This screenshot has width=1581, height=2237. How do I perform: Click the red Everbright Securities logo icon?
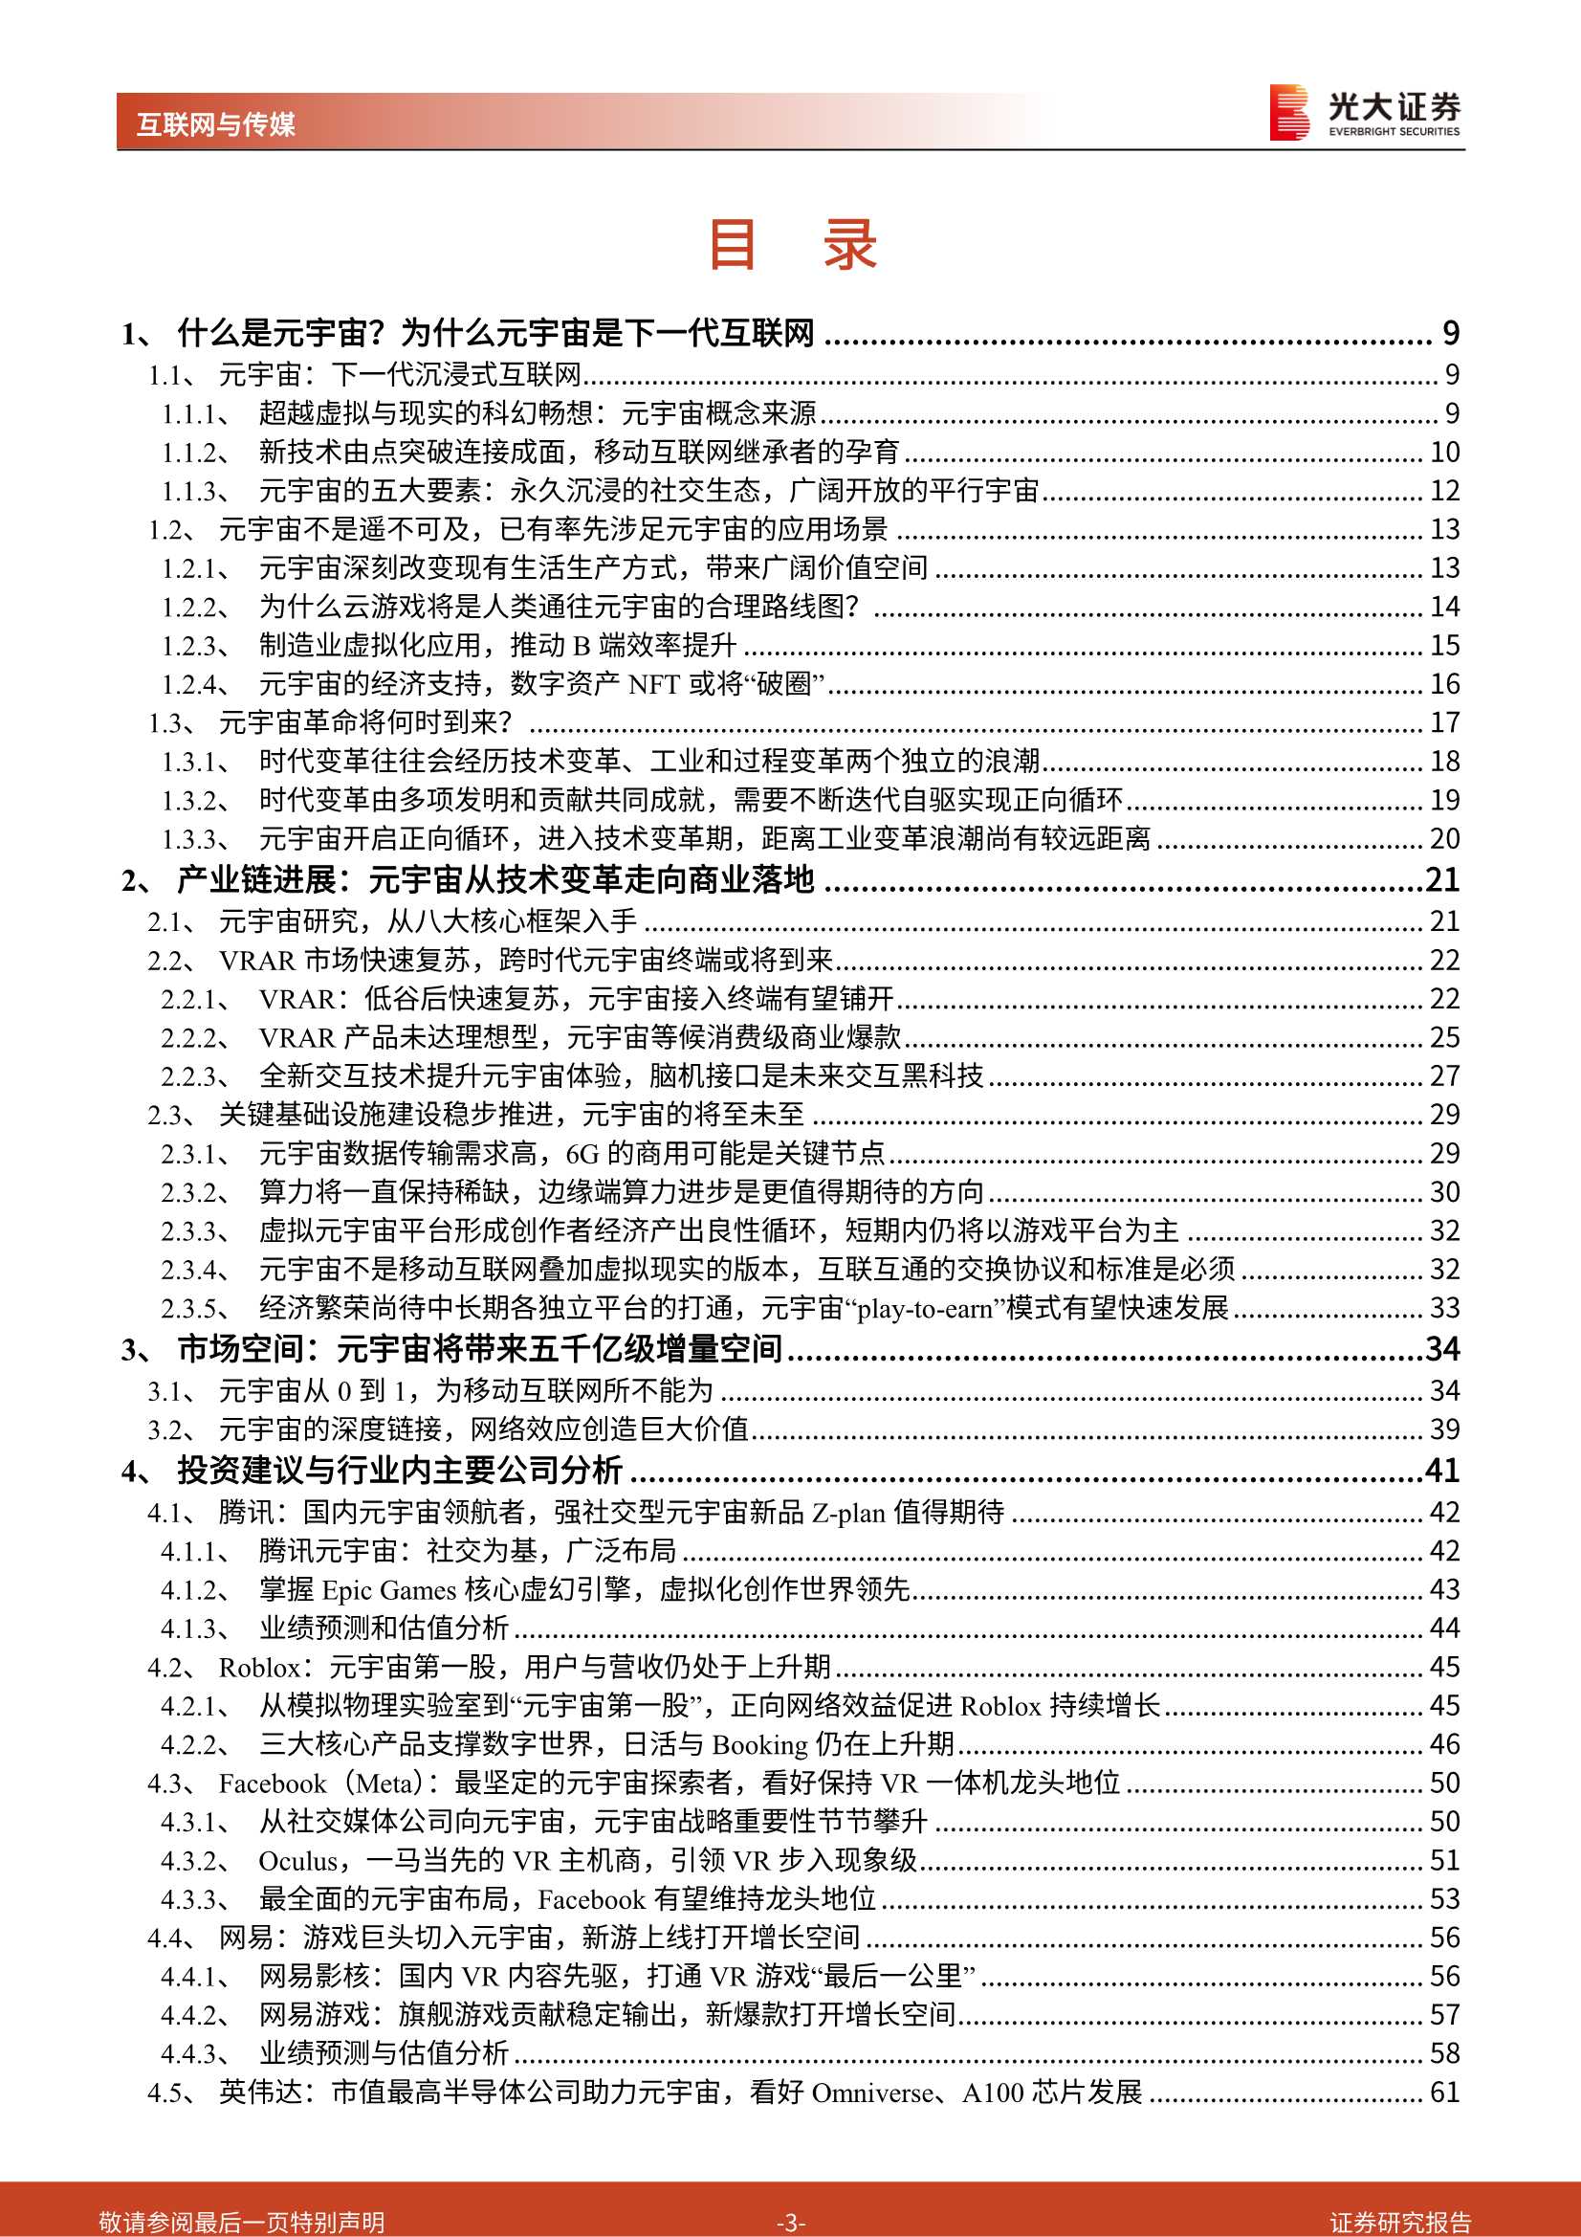point(1288,113)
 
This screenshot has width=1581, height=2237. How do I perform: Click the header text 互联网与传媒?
point(215,124)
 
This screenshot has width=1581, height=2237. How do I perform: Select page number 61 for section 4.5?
point(1443,2092)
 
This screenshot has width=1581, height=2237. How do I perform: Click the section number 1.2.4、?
point(196,685)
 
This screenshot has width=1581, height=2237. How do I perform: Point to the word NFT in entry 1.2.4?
point(654,685)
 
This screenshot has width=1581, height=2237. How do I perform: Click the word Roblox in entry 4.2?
point(259,1668)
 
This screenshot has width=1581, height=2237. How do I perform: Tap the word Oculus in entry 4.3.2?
point(297,1861)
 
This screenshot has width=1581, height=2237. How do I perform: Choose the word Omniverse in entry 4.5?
point(872,2093)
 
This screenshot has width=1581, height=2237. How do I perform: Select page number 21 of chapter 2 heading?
point(1442,880)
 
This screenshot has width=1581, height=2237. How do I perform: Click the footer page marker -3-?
point(790,2223)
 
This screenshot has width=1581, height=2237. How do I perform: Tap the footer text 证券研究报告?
point(1400,2223)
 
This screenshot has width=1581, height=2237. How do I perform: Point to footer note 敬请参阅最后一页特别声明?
point(242,2223)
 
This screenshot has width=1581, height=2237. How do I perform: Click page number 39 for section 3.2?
point(1443,1429)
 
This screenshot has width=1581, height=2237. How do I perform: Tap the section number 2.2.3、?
point(196,1076)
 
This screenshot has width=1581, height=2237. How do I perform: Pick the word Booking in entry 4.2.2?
point(759,1745)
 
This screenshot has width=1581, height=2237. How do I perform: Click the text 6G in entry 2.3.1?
point(582,1155)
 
